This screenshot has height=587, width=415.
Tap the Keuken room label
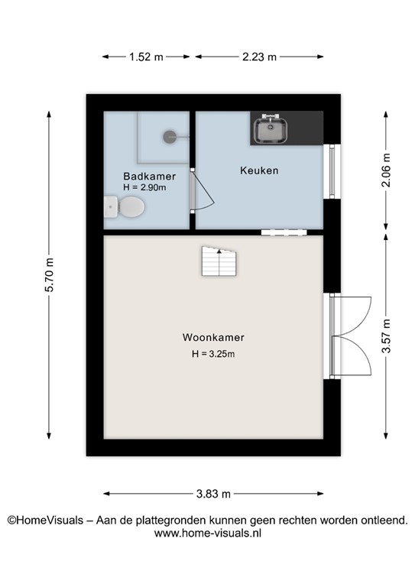pyautogui.click(x=257, y=170)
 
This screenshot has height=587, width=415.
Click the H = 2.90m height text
pyautogui.click(x=145, y=186)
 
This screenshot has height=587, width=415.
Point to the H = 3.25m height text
pyautogui.click(x=213, y=353)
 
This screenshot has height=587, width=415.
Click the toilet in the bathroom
pyautogui.click(x=126, y=206)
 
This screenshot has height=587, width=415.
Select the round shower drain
pyautogui.click(x=169, y=136)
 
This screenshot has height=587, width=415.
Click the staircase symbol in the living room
pyautogui.click(x=220, y=262)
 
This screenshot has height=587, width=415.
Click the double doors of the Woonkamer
pyautogui.click(x=350, y=336)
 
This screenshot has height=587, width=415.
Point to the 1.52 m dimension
pyautogui.click(x=147, y=57)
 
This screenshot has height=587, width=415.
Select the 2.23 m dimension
pyautogui.click(x=259, y=57)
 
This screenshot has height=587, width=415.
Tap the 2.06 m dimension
pyautogui.click(x=386, y=169)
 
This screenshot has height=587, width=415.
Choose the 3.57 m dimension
pyautogui.click(x=386, y=336)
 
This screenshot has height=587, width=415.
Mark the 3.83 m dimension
pyautogui.click(x=213, y=494)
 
